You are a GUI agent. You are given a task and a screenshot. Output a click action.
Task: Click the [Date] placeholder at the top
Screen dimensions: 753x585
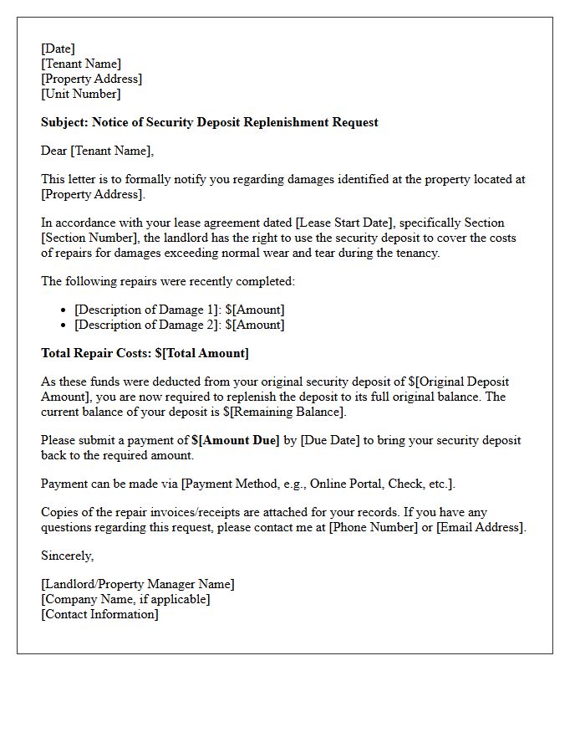58,49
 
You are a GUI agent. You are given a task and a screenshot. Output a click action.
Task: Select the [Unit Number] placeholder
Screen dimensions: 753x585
81,94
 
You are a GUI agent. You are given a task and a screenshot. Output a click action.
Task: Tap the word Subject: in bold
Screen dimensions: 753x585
65,122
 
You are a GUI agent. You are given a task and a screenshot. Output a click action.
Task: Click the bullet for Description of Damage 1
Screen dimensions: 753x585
64,310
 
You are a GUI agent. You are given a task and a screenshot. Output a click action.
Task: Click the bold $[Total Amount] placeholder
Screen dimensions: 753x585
201,353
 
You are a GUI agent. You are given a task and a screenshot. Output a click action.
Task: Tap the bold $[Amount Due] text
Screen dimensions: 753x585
235,440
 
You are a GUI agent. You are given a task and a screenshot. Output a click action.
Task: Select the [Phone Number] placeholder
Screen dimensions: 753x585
373,527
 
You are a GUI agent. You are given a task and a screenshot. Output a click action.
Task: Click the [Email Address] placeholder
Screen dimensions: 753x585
481,527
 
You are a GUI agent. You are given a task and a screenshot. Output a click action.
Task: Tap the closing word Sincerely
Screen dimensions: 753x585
67,556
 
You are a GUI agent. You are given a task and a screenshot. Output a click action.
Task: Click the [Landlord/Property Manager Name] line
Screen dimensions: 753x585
138,584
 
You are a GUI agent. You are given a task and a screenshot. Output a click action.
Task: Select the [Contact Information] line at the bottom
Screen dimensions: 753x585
99,614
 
